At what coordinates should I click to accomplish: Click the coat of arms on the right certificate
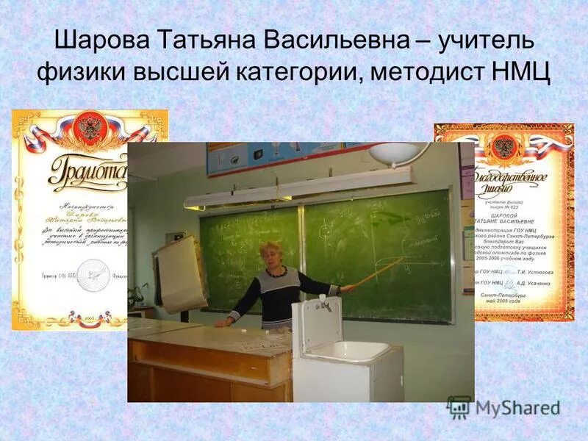[504, 146]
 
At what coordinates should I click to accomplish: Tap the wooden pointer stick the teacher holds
[379, 272]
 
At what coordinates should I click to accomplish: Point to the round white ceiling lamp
[398, 152]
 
